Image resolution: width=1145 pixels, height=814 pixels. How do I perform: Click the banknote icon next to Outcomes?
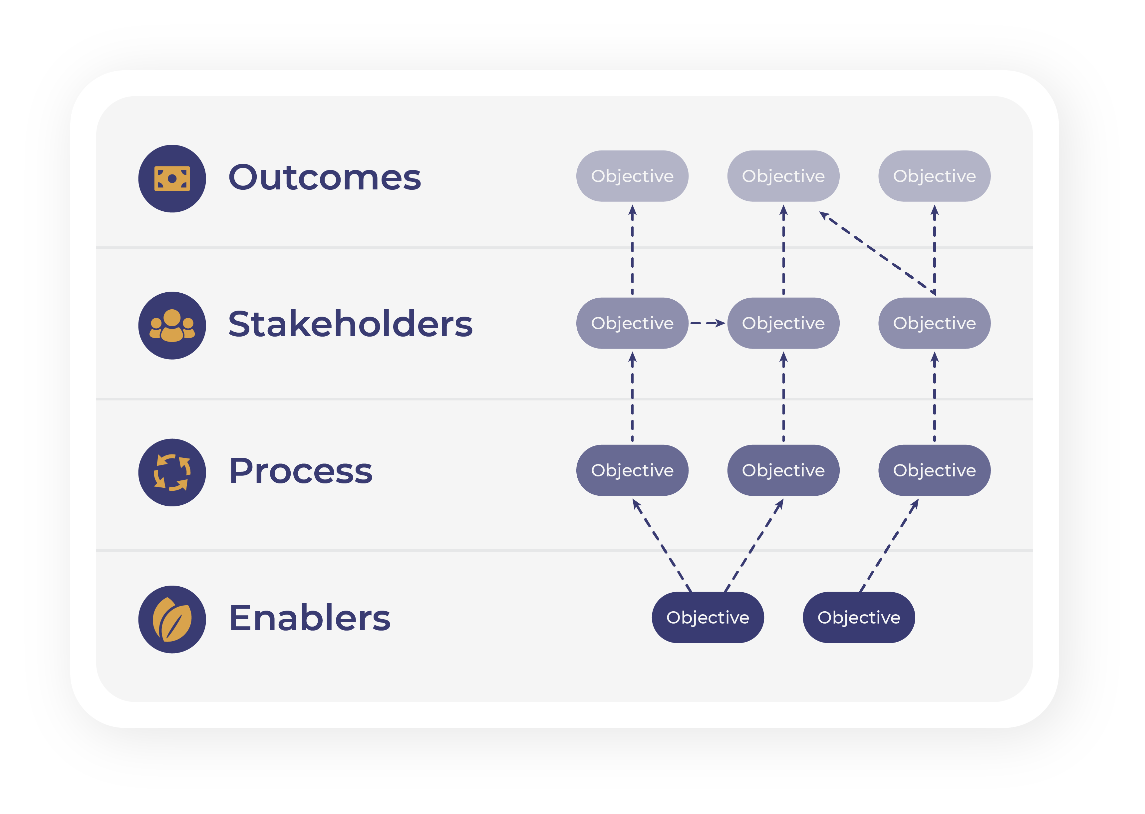tap(172, 178)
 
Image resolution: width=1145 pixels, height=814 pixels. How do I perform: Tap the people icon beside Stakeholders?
tap(172, 325)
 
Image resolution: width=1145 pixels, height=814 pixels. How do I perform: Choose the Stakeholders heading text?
tap(350, 324)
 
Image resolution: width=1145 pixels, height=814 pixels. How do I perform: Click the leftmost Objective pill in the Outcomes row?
tap(632, 176)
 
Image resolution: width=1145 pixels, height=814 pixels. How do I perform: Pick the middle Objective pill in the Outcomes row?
tap(783, 176)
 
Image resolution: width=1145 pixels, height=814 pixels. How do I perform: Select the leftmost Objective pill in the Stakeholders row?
tap(632, 323)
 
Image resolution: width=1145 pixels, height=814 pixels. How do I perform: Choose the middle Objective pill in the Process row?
tap(783, 470)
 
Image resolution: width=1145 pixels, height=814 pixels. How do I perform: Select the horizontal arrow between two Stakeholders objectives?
tap(708, 323)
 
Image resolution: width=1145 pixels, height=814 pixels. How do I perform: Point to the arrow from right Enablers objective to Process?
tap(889, 545)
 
